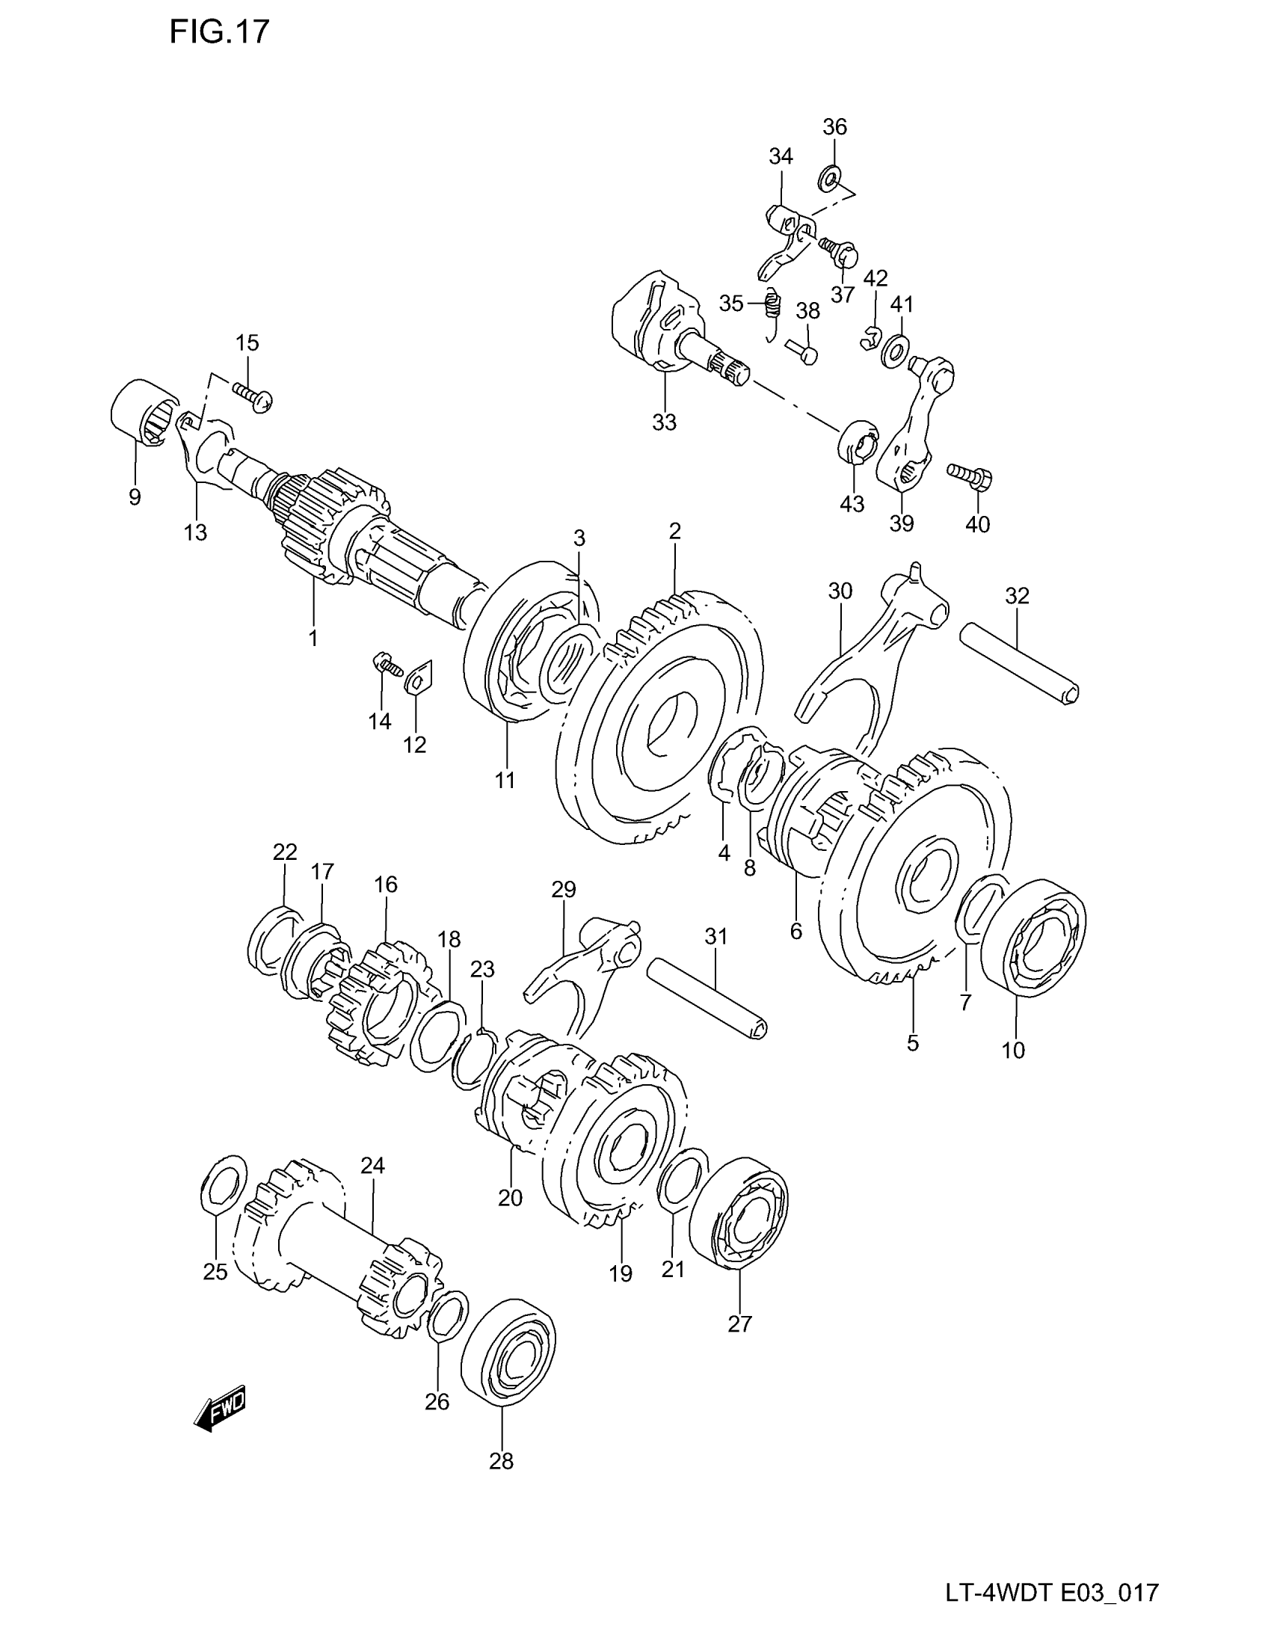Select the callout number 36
pyautogui.click(x=834, y=126)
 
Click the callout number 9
pyautogui.click(x=134, y=497)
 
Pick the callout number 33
pyautogui.click(x=664, y=422)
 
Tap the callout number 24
pyautogui.click(x=372, y=1166)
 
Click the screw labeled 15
pyautogui.click(x=253, y=396)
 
